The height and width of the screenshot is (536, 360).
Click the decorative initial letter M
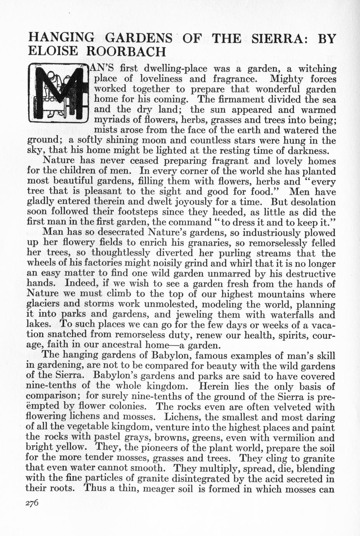click(x=59, y=94)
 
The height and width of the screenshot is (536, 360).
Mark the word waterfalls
click(x=291, y=314)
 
